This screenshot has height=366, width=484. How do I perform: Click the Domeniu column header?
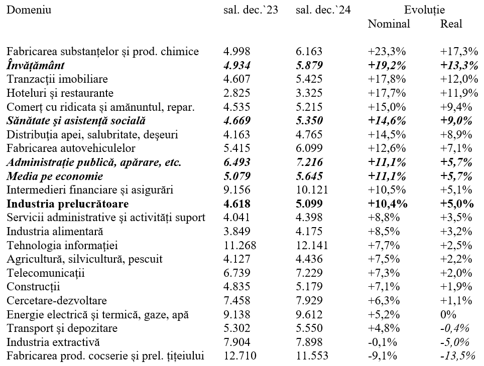[29, 10]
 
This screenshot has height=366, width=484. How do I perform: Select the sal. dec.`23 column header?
[251, 10]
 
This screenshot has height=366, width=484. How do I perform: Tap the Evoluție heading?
[424, 10]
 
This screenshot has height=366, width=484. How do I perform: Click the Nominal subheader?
[389, 24]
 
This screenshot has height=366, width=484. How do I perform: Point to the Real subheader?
[451, 24]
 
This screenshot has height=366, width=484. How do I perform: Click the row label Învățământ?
[36, 65]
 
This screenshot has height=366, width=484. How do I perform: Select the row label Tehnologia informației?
[62, 246]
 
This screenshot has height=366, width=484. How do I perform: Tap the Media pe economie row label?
[55, 176]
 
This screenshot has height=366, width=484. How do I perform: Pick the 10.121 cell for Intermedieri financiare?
[312, 190]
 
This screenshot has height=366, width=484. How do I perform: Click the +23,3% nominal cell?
[387, 52]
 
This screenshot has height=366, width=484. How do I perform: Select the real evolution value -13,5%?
[457, 356]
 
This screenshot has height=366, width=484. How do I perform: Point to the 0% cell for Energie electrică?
[448, 314]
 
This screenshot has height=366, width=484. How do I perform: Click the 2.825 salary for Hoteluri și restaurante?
[237, 93]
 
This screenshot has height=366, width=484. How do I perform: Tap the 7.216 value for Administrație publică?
[309, 162]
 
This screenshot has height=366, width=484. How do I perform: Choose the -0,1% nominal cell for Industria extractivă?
[383, 342]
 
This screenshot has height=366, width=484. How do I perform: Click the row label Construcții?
[33, 287]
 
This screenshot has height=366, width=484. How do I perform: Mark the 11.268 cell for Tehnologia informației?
[240, 246]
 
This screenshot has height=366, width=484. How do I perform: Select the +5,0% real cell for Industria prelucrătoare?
[457, 204]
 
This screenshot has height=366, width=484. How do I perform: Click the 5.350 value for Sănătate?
[309, 120]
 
